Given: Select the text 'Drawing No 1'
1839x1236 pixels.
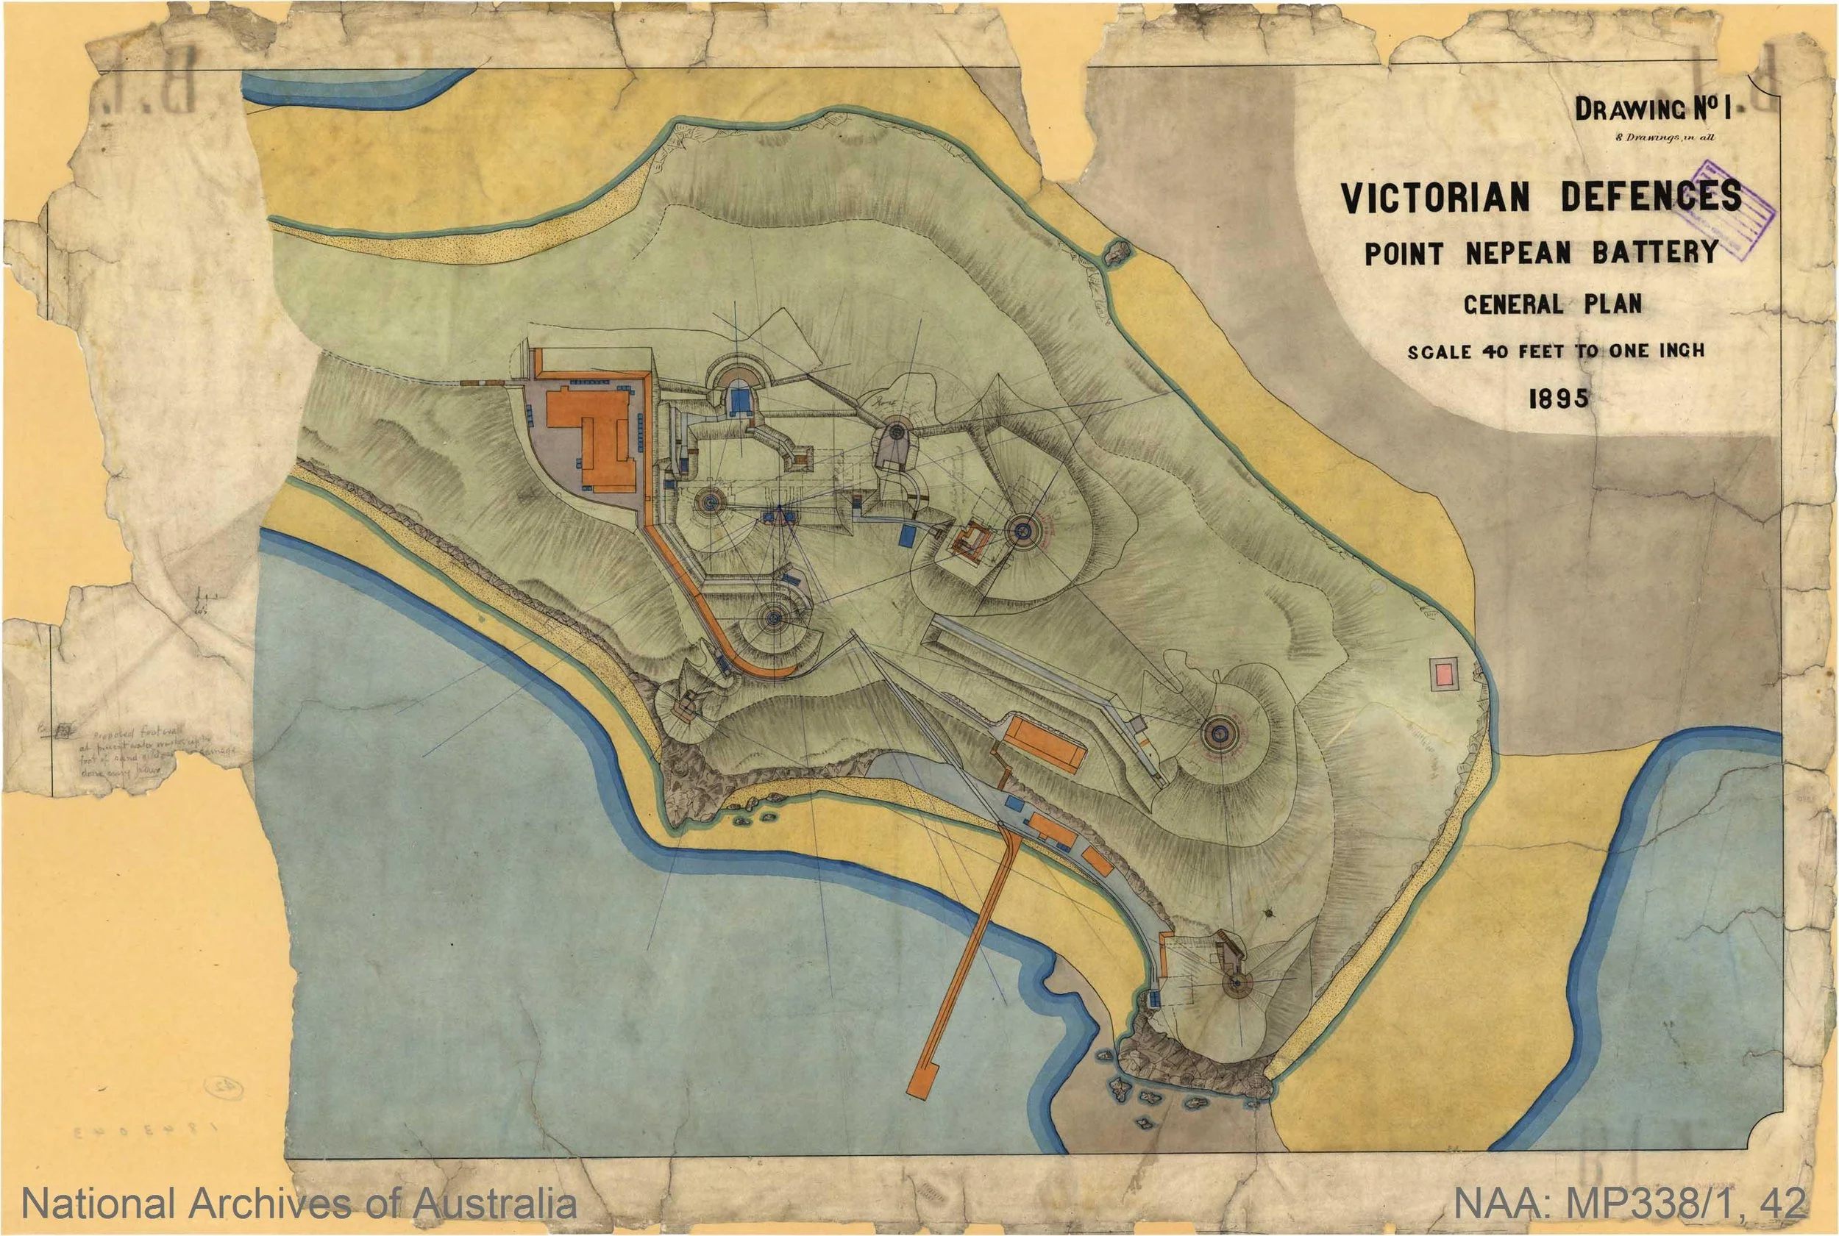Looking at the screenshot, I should point(1632,109).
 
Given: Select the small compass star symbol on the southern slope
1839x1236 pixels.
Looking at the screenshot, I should point(1269,912).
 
